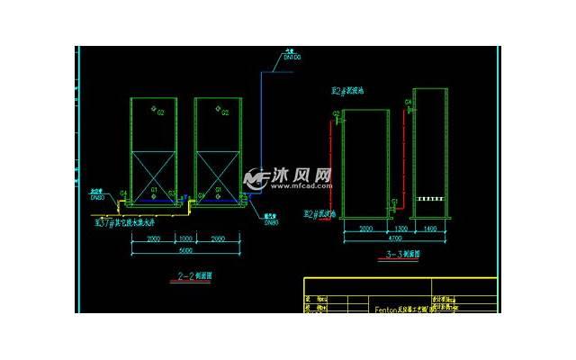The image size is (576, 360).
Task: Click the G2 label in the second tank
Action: pyautogui.click(x=226, y=113)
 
